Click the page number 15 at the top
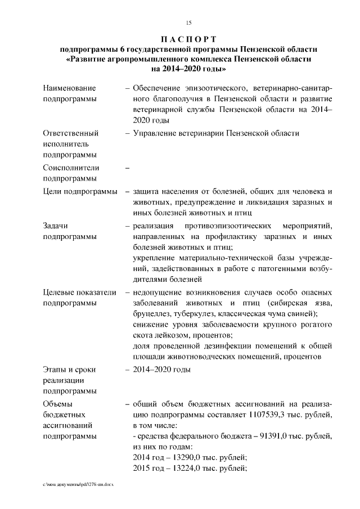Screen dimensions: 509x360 189,22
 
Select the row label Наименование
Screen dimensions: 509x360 69,88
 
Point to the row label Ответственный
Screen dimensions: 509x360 71,133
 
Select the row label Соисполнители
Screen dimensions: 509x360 71,168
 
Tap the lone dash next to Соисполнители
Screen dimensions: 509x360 128,168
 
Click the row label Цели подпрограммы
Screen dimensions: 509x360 80,191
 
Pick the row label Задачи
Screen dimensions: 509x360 56,225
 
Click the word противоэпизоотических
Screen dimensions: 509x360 220,225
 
